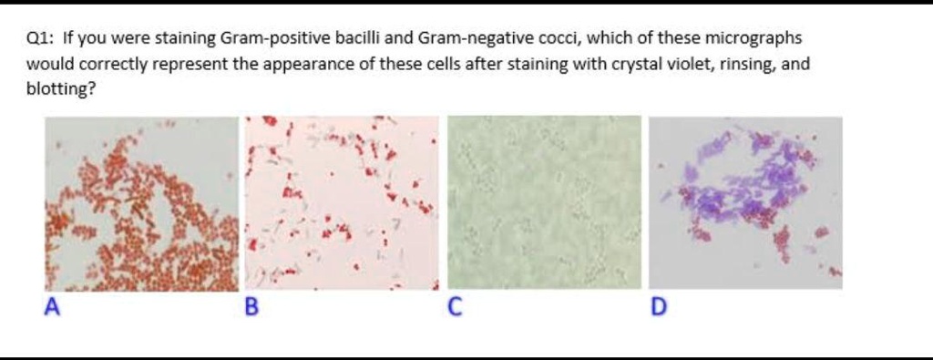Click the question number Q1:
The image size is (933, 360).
click(41, 39)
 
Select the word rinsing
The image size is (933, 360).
click(743, 65)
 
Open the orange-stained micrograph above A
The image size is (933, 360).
click(141, 203)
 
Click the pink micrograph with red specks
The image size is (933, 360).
click(343, 203)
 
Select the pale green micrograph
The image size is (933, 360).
click(545, 202)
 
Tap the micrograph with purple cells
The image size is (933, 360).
click(745, 203)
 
